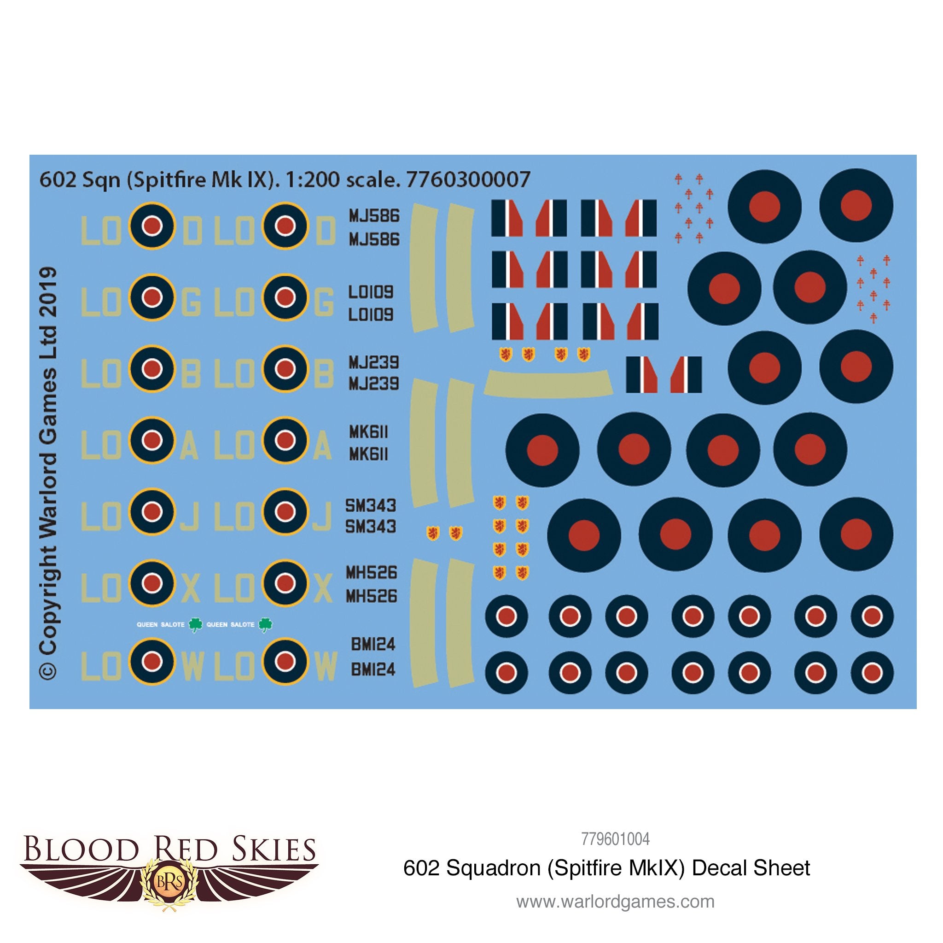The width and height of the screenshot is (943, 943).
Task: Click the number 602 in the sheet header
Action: click(x=58, y=180)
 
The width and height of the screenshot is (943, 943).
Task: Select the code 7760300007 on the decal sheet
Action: click(x=468, y=180)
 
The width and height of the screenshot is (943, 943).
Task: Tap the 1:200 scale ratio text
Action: click(x=312, y=180)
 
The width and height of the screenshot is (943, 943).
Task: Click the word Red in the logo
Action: click(x=186, y=850)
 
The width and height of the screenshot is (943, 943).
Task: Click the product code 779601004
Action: click(x=615, y=839)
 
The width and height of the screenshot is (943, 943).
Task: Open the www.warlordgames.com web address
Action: click(x=615, y=902)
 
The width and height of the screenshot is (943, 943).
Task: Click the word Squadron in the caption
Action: click(x=494, y=868)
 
